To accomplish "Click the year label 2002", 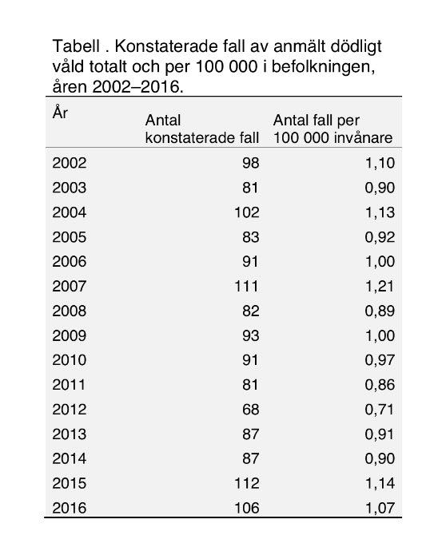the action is (x=69, y=164).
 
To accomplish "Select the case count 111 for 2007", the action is (x=246, y=286).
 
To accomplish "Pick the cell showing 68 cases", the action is (x=250, y=409).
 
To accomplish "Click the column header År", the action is (x=61, y=113).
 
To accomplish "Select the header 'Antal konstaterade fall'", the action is (x=202, y=129).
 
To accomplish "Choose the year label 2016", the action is (x=69, y=507).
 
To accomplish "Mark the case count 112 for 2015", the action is (x=246, y=482).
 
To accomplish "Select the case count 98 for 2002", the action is (x=250, y=164).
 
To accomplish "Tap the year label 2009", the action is (x=69, y=335).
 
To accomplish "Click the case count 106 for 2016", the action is (x=246, y=507).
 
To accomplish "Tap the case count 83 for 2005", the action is (x=250, y=237).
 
